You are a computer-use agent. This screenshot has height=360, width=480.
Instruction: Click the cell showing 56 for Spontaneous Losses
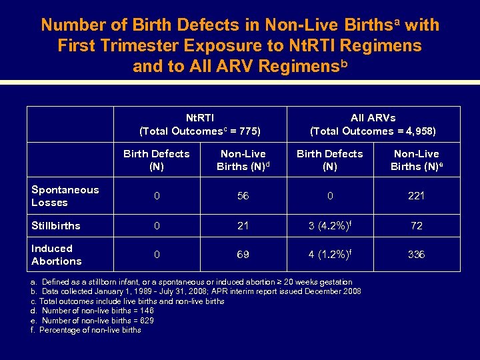[243, 196]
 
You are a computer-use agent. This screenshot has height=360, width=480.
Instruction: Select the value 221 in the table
[416, 196]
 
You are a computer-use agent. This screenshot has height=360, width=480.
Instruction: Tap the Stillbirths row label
[56, 226]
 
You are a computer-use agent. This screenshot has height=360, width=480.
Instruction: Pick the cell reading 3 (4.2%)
[329, 225]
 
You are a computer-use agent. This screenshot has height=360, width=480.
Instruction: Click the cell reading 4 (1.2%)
[329, 255]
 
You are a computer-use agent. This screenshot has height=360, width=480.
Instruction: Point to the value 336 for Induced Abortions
[416, 255]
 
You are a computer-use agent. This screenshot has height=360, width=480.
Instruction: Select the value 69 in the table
[243, 255]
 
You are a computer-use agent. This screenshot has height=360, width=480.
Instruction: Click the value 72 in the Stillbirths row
[416, 226]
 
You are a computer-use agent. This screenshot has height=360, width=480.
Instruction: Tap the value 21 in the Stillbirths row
[243, 226]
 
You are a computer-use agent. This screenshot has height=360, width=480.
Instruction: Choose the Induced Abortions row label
[57, 255]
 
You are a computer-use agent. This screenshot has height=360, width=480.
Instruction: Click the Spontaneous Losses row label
[65, 196]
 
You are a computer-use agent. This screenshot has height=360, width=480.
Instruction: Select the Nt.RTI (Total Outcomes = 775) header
[199, 124]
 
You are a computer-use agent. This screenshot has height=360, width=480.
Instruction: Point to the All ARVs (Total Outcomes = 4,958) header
[373, 124]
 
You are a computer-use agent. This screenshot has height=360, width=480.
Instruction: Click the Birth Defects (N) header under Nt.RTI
[156, 160]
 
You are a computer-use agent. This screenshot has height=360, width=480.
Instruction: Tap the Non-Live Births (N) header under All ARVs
[415, 160]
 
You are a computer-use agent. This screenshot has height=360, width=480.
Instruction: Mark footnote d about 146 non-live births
[93, 311]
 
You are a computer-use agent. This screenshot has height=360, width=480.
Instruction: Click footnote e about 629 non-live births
[93, 320]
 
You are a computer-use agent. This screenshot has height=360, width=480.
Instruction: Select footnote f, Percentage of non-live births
[86, 330]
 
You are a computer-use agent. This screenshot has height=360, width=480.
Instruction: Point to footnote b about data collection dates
[196, 291]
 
